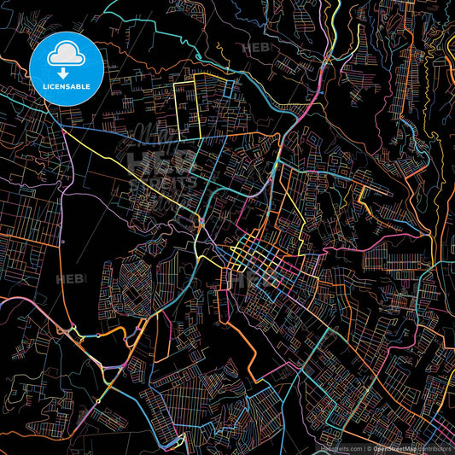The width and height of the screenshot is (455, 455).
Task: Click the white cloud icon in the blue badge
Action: coord(66,55)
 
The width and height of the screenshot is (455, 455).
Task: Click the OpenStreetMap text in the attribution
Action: coord(394,448)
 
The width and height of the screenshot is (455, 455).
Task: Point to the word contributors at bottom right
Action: coord(435,448)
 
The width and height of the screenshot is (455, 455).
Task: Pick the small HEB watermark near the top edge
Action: coord(255,49)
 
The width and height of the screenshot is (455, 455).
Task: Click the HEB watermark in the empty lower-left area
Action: coord(67,279)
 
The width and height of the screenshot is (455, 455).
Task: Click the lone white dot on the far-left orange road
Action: coord(62,242)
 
